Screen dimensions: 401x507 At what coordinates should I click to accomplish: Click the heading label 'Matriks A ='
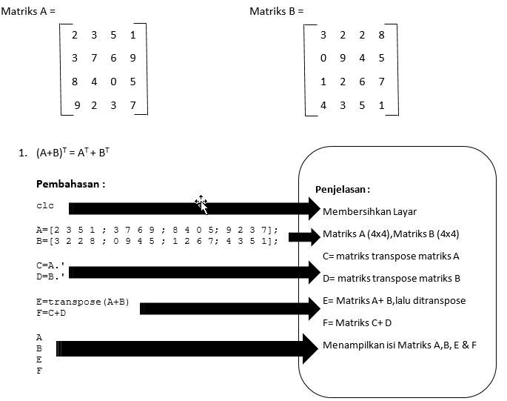tap(28, 11)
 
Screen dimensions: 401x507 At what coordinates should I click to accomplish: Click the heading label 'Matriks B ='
tap(276, 11)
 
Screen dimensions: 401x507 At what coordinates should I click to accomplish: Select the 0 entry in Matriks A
tap(113, 82)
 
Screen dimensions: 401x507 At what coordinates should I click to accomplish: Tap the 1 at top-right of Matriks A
tap(132, 35)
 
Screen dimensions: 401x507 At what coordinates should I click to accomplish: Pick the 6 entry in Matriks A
tap(113, 58)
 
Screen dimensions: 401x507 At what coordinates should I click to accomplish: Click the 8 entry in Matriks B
tap(381, 35)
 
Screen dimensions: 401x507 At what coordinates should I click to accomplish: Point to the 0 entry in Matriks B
tap(323, 58)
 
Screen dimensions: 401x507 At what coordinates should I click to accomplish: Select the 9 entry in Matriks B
tap(342, 58)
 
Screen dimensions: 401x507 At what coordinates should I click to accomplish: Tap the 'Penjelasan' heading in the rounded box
tap(342, 190)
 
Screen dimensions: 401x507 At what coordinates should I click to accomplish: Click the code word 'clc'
tap(44, 205)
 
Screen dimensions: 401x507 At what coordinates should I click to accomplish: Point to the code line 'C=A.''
tap(50, 264)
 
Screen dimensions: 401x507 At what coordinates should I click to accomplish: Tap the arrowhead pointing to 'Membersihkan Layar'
tap(309, 209)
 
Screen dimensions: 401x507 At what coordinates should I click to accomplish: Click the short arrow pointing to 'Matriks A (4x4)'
tap(303, 237)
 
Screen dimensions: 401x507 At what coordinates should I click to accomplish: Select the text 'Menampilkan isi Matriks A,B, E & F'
tap(400, 345)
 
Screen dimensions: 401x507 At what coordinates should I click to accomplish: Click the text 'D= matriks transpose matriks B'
tap(392, 279)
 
